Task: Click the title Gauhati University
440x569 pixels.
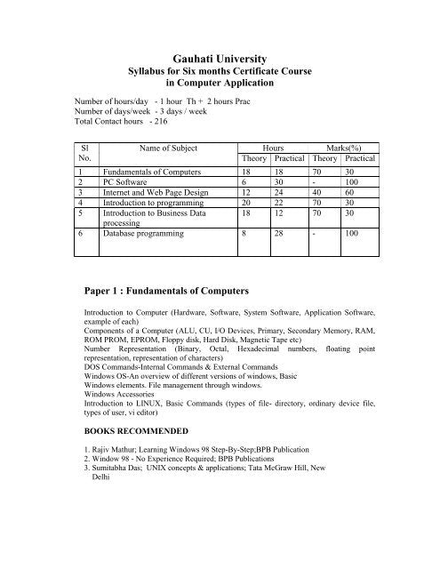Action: [x=220, y=57]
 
